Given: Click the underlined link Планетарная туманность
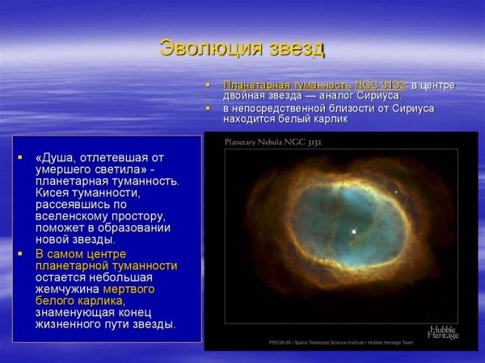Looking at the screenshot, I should click(287, 85).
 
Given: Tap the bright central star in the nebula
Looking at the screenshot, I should click(354, 232).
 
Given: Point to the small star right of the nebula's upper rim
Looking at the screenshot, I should click(396, 191).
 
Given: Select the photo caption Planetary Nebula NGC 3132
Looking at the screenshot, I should click(273, 142).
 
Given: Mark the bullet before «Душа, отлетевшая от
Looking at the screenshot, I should click(20, 156).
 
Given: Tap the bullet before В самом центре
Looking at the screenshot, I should click(20, 252).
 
